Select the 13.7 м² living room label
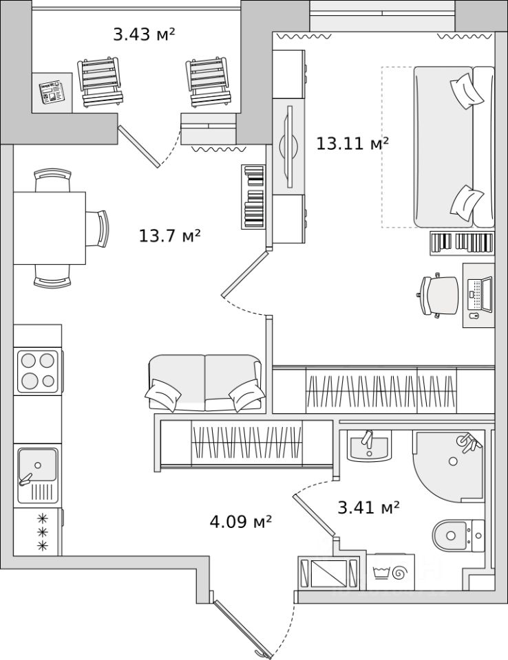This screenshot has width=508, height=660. (x=169, y=236)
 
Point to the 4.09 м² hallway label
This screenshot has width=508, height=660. (x=240, y=522)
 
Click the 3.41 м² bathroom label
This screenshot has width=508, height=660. (x=368, y=508)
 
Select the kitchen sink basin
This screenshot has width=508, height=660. (x=38, y=465)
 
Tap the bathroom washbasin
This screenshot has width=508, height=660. (x=369, y=447)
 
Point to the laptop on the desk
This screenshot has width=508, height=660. (x=480, y=292)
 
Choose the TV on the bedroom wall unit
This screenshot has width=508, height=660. (x=289, y=145)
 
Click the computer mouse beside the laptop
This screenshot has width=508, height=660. (x=474, y=316)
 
